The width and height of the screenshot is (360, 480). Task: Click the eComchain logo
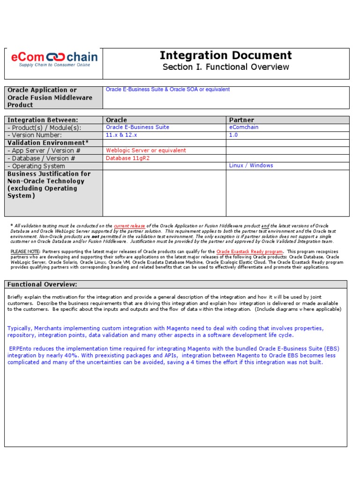click(54, 59)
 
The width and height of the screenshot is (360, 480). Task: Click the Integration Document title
click(225, 55)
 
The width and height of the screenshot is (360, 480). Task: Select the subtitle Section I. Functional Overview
click(225, 67)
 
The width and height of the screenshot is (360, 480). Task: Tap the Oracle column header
click(116, 120)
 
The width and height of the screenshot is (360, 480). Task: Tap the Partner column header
click(241, 120)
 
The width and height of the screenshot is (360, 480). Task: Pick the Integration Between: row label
click(43, 120)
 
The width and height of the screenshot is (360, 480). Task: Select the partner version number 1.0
click(233, 135)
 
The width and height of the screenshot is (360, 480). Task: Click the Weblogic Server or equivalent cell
click(146, 150)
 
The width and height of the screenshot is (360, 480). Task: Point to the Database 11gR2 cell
click(127, 158)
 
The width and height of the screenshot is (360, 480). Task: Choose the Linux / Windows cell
click(251, 165)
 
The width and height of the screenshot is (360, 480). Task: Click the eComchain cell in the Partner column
click(244, 127)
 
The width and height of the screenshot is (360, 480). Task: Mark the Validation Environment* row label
click(48, 142)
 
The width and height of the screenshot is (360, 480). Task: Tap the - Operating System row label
click(36, 166)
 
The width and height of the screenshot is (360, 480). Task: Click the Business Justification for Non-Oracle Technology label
click(49, 185)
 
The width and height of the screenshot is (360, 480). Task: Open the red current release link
click(129, 226)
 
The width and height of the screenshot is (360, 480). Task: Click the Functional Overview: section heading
click(42, 285)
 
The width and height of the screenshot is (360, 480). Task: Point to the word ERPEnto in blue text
click(22, 349)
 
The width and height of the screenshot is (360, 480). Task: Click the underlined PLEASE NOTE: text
click(25, 252)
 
